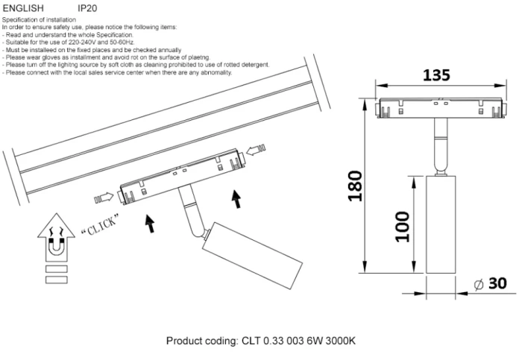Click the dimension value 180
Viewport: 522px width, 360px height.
pyautogui.click(x=356, y=186)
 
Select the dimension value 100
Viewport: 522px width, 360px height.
pyautogui.click(x=403, y=226)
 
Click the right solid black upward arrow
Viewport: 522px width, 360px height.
pyautogui.click(x=238, y=199)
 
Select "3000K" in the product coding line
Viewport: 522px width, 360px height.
pyautogui.click(x=341, y=341)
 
